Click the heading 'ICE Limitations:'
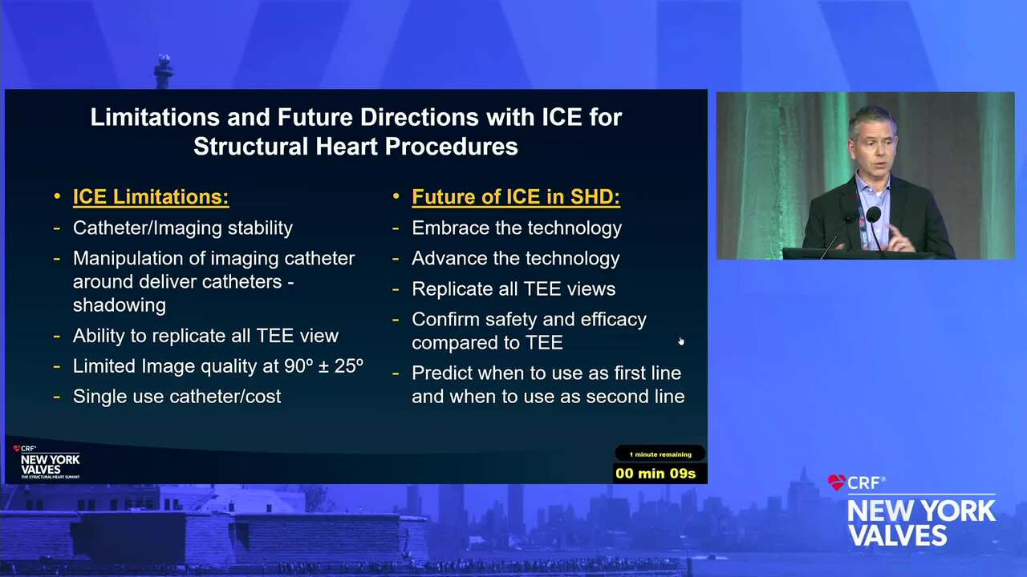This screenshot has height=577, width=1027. click(x=151, y=197)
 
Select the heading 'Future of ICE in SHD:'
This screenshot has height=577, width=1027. click(x=516, y=197)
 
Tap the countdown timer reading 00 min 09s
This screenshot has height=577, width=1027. click(x=656, y=474)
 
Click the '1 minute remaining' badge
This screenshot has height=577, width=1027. click(x=660, y=454)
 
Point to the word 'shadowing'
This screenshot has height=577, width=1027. click(x=120, y=305)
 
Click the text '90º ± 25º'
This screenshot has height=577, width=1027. click(x=323, y=366)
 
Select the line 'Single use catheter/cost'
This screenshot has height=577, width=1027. click(x=177, y=397)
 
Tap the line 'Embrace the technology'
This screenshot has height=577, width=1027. click(x=517, y=228)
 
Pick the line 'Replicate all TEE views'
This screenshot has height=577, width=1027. click(x=513, y=289)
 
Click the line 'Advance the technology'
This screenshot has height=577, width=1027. click(x=516, y=258)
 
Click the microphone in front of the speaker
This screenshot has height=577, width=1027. click(x=874, y=214)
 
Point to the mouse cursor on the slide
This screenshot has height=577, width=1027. click(x=681, y=341)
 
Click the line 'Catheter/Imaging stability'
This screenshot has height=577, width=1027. click(x=182, y=228)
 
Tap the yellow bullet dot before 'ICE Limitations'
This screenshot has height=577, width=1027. click(x=57, y=197)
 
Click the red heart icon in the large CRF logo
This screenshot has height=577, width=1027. click(x=837, y=482)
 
